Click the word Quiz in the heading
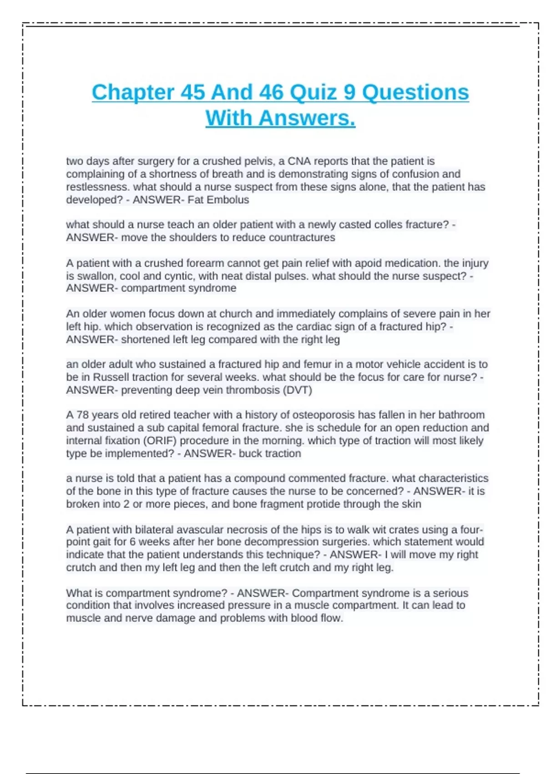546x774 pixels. (313, 92)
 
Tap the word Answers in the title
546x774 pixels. (307, 118)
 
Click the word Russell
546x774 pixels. (109, 377)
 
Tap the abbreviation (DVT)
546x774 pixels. (297, 390)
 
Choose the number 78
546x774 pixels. (82, 415)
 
